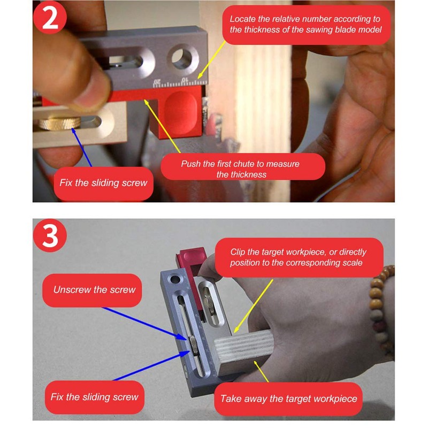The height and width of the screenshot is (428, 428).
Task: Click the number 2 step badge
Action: point(50,17)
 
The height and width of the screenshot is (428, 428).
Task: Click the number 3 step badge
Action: point(50,235)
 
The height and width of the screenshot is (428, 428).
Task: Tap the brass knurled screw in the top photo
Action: point(59,123)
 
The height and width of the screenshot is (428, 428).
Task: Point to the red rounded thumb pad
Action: point(180,113)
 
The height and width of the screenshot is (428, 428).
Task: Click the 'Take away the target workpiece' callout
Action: point(288,399)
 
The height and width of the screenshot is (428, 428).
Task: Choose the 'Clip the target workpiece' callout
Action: point(299,257)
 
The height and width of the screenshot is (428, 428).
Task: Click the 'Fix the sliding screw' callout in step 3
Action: point(95,397)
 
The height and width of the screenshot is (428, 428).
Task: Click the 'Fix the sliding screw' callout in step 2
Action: point(103,184)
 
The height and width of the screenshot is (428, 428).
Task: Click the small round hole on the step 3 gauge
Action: point(175,279)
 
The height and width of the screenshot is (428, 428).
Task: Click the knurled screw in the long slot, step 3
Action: point(193,345)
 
